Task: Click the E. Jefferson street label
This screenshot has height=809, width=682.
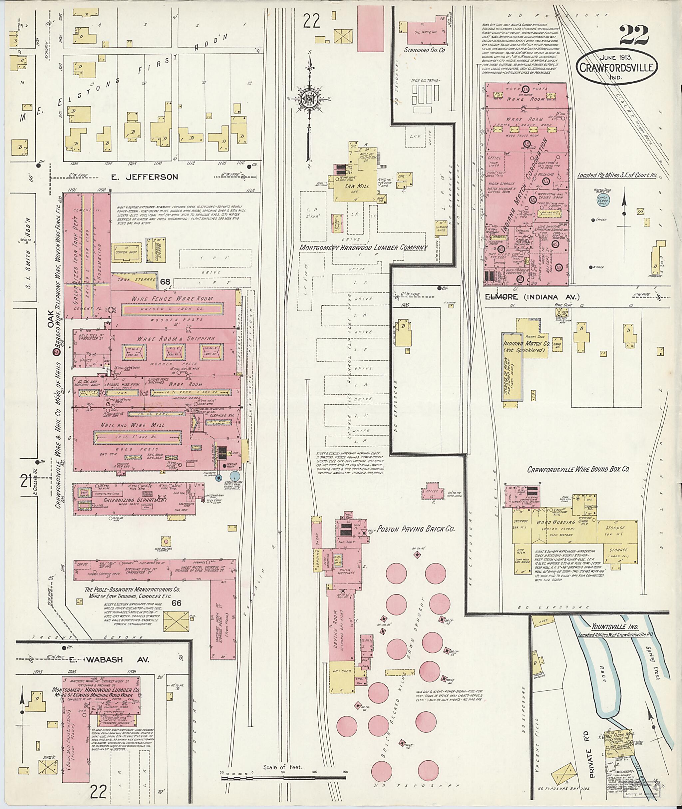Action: click(x=145, y=177)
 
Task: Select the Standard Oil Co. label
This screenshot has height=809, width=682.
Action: click(x=425, y=50)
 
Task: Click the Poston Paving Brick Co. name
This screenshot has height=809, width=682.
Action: click(x=416, y=528)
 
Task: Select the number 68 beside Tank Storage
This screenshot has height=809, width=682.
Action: click(x=166, y=282)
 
